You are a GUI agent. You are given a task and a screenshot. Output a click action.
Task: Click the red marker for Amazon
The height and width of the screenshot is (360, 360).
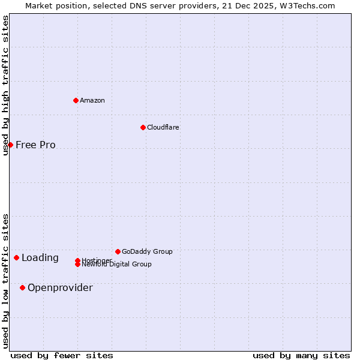pos(76,100)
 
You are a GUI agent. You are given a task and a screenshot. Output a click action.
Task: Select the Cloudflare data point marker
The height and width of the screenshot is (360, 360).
pos(143,127)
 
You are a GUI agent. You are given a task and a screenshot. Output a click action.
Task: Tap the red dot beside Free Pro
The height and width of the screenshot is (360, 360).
pos(10,145)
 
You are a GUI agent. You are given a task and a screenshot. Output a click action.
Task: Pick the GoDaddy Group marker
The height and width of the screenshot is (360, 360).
pos(118,251)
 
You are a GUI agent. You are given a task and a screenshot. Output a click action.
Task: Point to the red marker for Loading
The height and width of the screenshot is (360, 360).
pos(16,258)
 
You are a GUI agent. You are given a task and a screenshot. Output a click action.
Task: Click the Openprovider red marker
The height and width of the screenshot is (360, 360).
pos(22,287)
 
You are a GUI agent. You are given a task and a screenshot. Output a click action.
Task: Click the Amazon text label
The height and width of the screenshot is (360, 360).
pos(92,100)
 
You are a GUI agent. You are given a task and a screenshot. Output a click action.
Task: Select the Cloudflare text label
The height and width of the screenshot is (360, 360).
pos(163,127)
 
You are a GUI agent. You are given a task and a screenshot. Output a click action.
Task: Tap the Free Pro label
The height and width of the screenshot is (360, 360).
pos(35,145)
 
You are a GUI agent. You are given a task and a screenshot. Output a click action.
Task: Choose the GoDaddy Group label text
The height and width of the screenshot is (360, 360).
pos(146,251)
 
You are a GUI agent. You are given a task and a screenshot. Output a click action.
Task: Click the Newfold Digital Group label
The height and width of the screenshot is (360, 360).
pos(116,265)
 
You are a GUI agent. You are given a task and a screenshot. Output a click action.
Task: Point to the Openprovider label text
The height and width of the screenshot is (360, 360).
pos(60,288)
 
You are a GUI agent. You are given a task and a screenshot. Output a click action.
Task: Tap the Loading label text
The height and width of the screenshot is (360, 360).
pos(40,258)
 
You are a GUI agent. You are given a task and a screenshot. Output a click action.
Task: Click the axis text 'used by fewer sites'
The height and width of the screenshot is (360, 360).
pos(61,355)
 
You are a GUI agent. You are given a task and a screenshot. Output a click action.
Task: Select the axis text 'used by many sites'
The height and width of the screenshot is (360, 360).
pos(301,355)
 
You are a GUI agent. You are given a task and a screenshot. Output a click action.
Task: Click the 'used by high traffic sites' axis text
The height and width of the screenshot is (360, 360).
pos(5,85)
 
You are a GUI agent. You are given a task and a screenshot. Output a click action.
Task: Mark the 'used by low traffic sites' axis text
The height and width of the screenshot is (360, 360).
pos(5,281)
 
